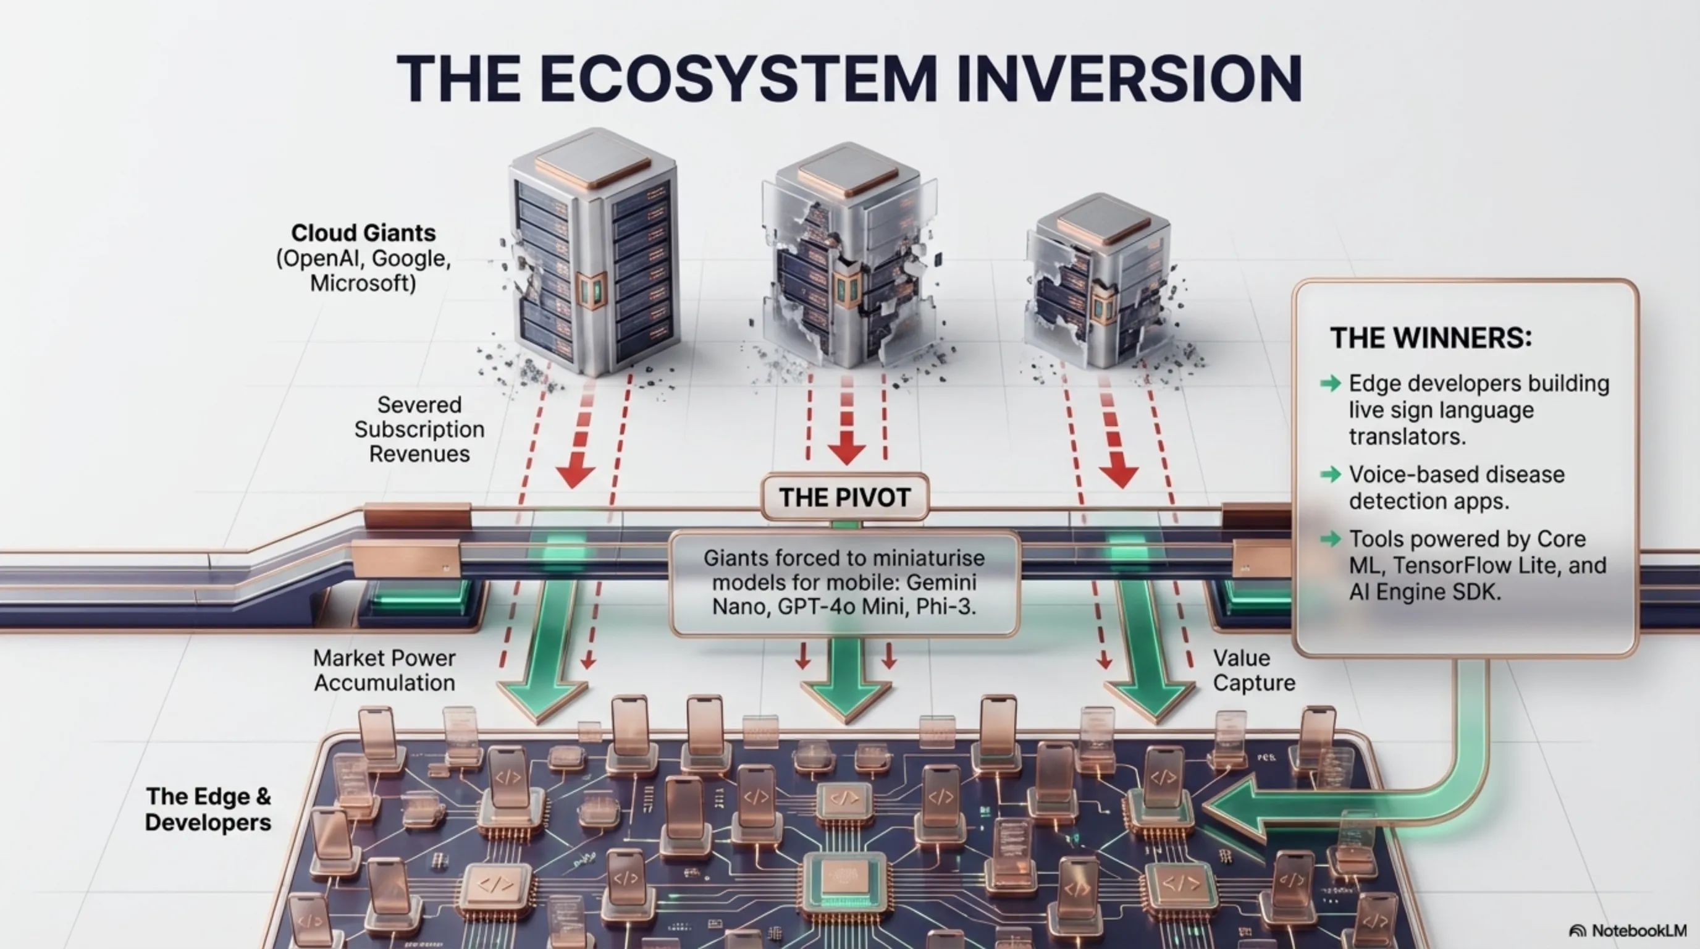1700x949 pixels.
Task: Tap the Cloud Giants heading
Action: point(363,233)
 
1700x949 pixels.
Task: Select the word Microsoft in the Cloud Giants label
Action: point(363,284)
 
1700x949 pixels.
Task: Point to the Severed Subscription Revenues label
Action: point(419,429)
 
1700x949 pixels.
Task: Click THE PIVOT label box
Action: point(844,497)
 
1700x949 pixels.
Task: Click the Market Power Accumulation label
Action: point(384,670)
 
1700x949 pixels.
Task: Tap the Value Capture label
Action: point(1254,670)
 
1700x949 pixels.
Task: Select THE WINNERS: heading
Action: point(1431,338)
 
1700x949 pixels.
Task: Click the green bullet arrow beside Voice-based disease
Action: point(1331,474)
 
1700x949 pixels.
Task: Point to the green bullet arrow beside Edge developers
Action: point(1331,384)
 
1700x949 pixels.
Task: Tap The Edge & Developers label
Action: point(208,809)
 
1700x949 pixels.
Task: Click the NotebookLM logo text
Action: point(1639,930)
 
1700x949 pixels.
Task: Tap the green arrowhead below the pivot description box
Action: point(846,699)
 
